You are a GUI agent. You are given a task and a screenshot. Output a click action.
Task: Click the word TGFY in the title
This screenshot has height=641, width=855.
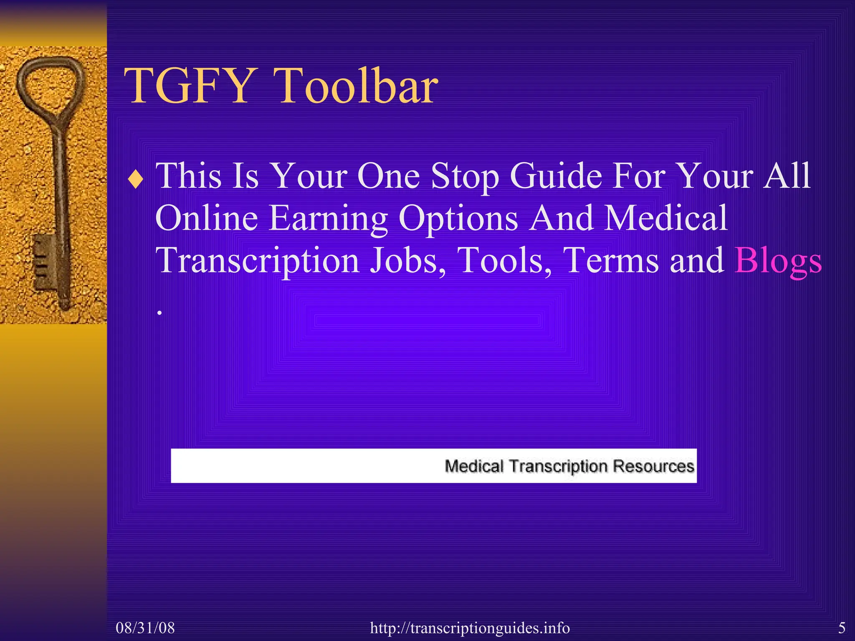188,86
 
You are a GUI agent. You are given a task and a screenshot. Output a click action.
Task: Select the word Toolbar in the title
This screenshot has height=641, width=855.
357,86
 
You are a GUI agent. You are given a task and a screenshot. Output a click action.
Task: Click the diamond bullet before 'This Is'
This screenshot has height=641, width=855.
136,180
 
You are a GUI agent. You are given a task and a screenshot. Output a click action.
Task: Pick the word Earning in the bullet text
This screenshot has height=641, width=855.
328,219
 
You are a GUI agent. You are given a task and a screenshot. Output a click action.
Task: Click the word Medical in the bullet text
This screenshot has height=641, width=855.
666,218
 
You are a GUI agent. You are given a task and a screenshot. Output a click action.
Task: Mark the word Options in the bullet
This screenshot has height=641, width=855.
458,219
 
